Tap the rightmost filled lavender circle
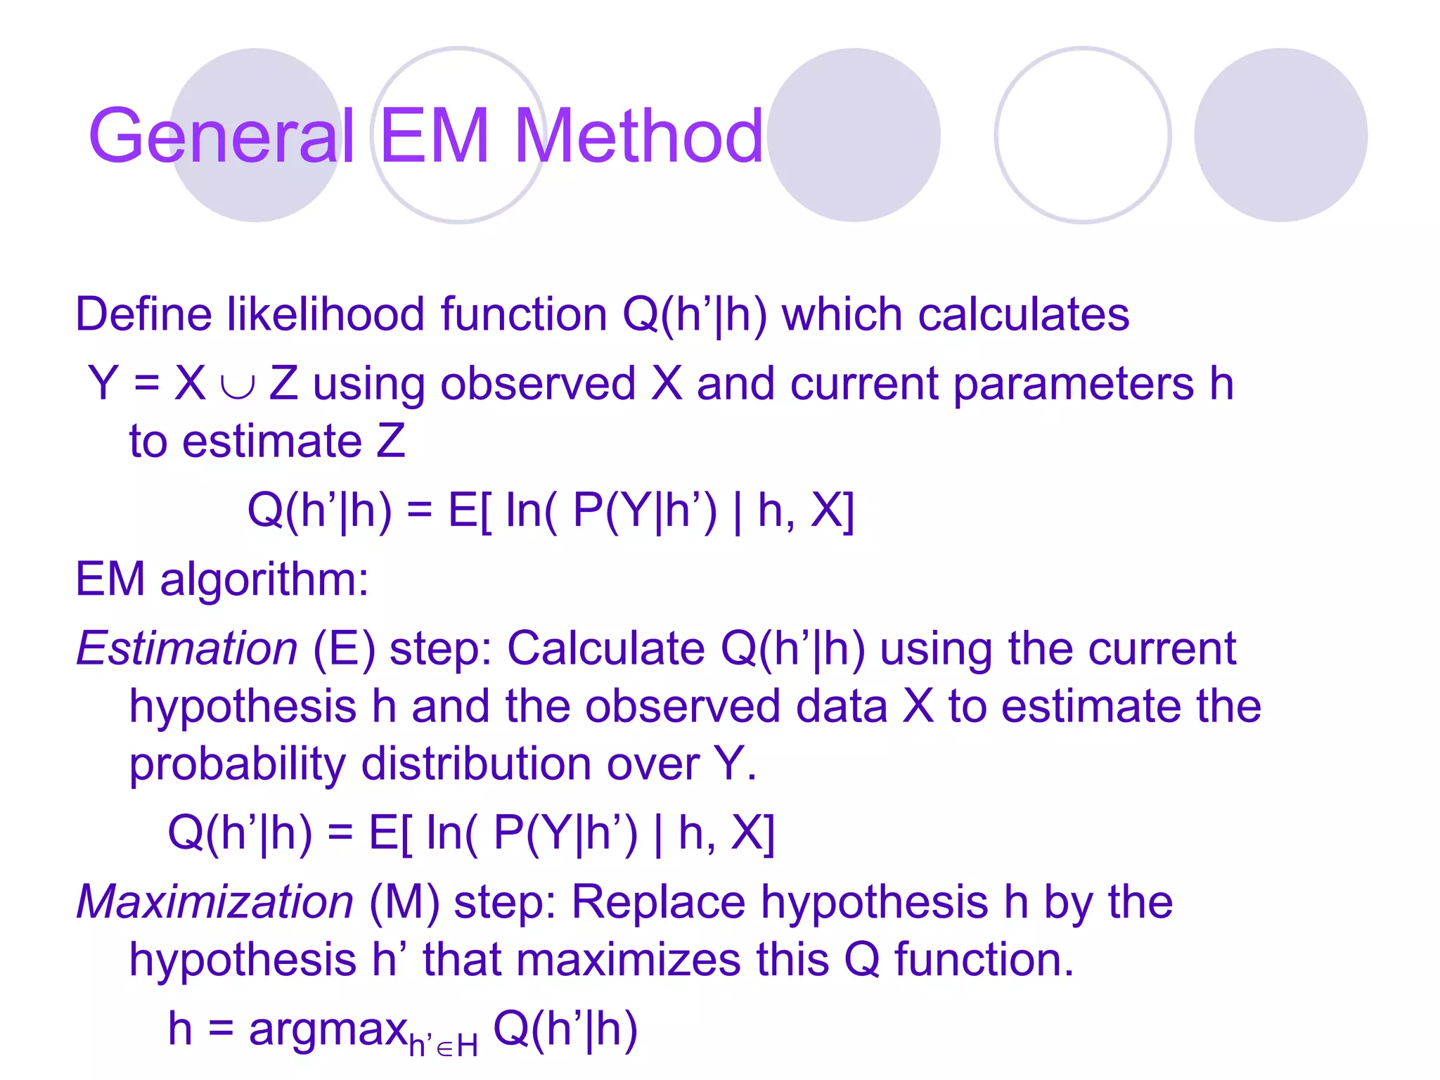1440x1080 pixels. pos(1280,135)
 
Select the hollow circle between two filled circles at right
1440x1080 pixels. pos(1082,135)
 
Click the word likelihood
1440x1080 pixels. pos(325,314)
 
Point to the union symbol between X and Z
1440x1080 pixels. pos(237,386)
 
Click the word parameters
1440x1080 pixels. pos(1073,385)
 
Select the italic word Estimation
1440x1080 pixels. pos(187,648)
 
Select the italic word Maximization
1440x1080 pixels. pos(214,901)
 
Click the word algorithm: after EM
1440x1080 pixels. pos(264,581)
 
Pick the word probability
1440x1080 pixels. pos(237,764)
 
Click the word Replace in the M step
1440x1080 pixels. pos(658,901)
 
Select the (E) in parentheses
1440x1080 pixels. pos(343,648)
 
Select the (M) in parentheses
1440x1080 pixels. pos(404,902)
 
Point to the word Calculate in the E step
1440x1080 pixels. pos(605,648)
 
